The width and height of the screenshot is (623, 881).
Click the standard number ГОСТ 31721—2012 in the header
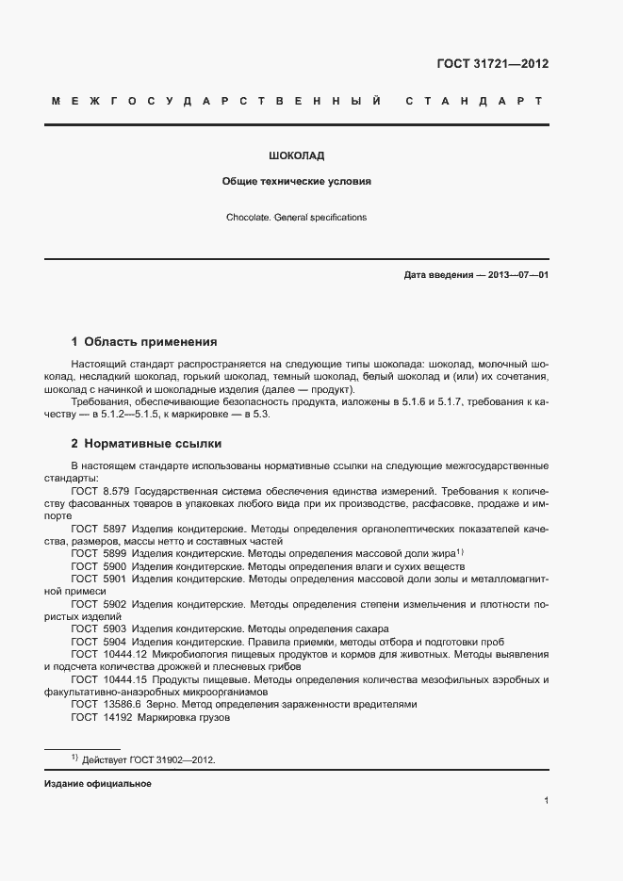[x=493, y=65]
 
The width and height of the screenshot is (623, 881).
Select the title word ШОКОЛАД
[x=297, y=155]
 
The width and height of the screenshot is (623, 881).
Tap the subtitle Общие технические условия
[x=297, y=182]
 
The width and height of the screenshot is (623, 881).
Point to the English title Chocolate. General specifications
[x=296, y=218]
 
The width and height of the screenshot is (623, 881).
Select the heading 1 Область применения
[x=144, y=342]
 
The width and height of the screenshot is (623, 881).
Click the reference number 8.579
[x=116, y=491]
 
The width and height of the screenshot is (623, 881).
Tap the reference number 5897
[x=114, y=530]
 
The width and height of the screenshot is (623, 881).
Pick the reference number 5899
[x=114, y=555]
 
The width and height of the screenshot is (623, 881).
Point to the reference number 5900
[x=114, y=567]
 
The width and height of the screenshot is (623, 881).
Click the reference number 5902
[x=114, y=605]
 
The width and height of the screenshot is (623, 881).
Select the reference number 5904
[x=114, y=642]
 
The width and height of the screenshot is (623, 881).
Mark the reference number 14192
[x=117, y=717]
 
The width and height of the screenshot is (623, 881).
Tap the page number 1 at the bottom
[x=547, y=801]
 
